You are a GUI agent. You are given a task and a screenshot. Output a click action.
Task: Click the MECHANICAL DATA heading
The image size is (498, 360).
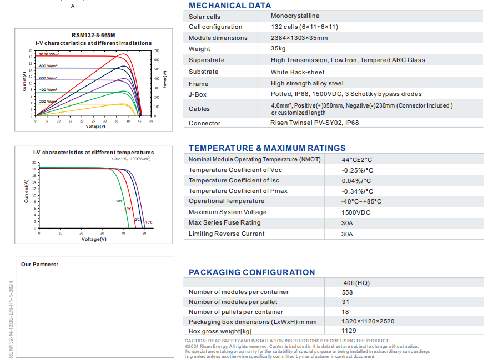click(230, 6)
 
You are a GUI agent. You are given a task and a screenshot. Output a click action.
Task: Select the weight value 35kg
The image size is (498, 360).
click(278, 49)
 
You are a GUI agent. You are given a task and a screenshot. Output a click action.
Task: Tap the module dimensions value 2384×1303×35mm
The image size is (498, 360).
click(299, 38)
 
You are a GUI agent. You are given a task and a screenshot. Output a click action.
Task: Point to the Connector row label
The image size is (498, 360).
click(204, 123)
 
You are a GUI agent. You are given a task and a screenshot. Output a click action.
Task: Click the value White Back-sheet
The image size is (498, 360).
click(297, 72)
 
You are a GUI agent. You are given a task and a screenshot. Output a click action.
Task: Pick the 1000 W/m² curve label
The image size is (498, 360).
click(49, 54)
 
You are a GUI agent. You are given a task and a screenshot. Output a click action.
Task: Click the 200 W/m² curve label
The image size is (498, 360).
click(48, 102)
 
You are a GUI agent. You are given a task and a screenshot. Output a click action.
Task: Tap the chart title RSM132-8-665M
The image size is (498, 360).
click(93, 36)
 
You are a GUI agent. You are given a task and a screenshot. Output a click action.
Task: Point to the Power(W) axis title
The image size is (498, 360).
click(165, 80)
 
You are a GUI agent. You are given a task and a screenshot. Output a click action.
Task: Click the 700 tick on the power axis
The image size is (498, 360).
click(157, 50)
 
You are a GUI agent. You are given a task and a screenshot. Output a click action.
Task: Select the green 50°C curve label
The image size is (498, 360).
click(119, 201)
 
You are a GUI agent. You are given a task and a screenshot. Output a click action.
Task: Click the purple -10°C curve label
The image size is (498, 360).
click(149, 222)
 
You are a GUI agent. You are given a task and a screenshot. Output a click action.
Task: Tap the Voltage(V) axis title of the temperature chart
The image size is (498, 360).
click(94, 239)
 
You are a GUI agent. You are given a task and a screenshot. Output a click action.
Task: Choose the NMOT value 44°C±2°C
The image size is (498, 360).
click(356, 160)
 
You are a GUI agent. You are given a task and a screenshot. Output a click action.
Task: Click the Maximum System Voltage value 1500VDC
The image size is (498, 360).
click(356, 212)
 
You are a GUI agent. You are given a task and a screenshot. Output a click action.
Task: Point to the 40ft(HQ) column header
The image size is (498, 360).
click(356, 283)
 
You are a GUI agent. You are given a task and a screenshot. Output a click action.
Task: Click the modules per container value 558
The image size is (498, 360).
click(347, 292)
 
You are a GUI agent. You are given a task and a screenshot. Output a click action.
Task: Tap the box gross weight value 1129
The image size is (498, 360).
click(349, 331)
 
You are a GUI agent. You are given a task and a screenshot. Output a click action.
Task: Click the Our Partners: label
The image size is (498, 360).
click(40, 265)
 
